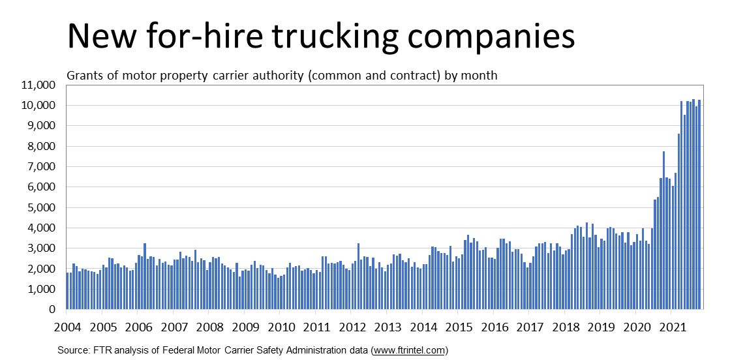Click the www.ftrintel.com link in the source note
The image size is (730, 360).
pos(408,350)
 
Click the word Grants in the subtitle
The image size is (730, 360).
pos(84,76)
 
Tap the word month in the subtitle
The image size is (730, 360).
pos(480,76)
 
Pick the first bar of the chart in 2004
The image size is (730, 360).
pos(68,291)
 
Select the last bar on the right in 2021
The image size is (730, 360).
pos(699,205)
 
